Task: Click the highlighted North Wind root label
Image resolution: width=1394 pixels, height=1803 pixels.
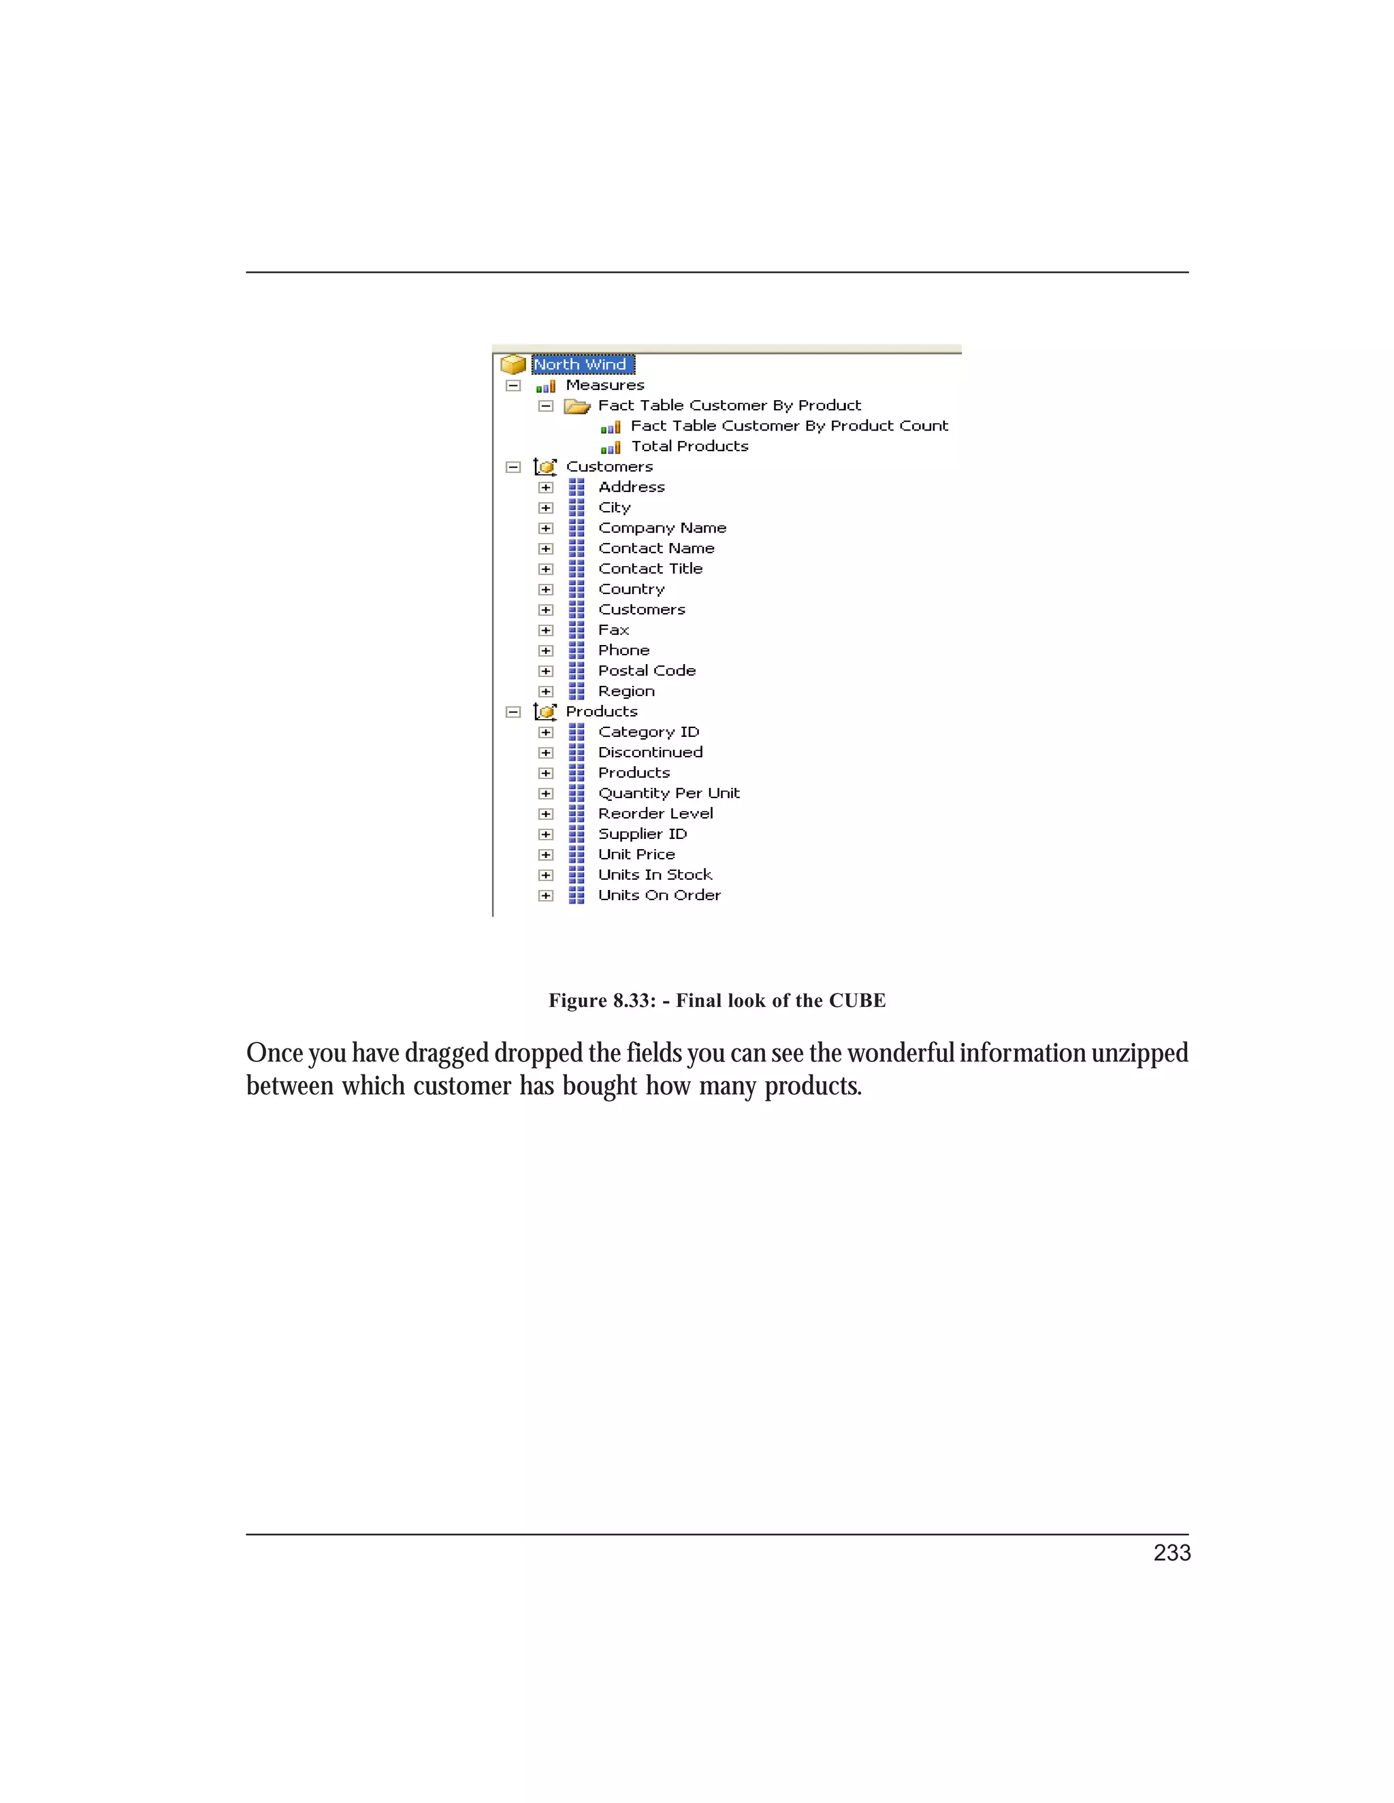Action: tap(582, 365)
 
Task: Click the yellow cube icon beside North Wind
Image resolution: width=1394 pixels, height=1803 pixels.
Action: tap(513, 364)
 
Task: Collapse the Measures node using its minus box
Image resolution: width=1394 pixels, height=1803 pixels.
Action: tap(513, 386)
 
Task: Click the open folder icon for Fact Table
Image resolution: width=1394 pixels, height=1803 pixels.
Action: tap(577, 406)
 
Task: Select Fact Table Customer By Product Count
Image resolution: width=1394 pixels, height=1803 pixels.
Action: tap(789, 426)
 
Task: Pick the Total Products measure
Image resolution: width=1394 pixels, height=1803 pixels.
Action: tap(690, 446)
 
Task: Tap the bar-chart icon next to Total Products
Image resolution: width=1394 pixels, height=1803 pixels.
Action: tap(611, 448)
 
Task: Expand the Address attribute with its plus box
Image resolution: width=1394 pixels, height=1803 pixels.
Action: tap(545, 488)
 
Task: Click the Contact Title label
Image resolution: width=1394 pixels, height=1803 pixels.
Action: tap(650, 569)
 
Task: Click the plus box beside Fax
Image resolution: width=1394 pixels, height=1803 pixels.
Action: tap(545, 631)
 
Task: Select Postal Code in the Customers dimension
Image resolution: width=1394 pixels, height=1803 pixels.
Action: tap(647, 671)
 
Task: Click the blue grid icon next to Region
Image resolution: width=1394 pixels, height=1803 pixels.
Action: tap(577, 692)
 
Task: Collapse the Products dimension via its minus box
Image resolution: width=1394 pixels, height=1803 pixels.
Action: tap(513, 712)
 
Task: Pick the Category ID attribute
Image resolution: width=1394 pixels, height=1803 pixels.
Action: tap(648, 732)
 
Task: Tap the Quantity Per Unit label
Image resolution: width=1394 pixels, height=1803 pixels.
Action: tap(668, 793)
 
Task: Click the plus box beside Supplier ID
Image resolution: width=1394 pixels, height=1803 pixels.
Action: tap(545, 835)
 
